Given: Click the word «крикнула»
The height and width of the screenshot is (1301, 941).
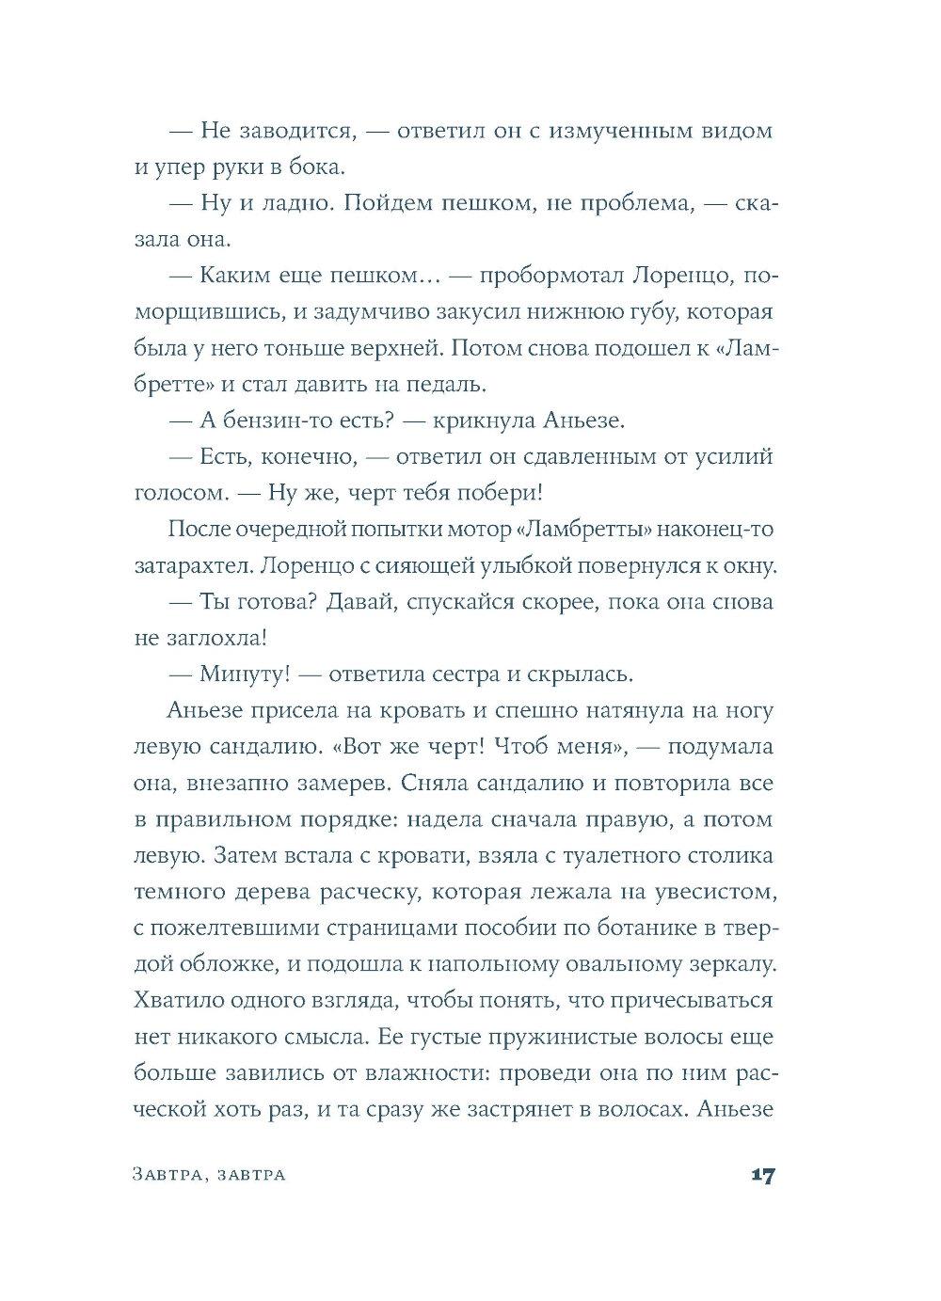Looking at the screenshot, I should point(485,420).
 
